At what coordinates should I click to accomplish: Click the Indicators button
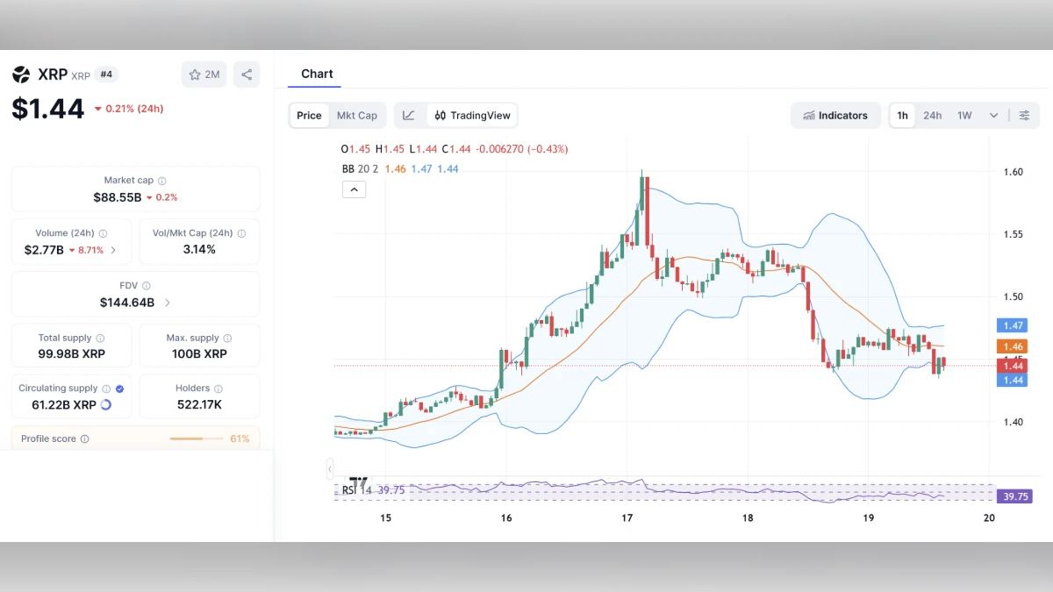pyautogui.click(x=835, y=116)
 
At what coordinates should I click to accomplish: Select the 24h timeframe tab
pyautogui.click(x=932, y=116)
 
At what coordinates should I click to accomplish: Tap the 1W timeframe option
pyautogui.click(x=964, y=116)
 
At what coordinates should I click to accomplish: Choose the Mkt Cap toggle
pyautogui.click(x=357, y=116)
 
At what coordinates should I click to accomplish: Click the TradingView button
pyautogui.click(x=472, y=116)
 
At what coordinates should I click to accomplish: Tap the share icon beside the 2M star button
pyautogui.click(x=247, y=75)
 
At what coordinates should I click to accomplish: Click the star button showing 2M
pyautogui.click(x=204, y=75)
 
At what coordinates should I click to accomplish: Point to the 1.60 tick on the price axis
pyautogui.click(x=1013, y=172)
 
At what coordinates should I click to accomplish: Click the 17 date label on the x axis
pyautogui.click(x=627, y=518)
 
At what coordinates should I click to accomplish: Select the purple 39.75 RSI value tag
pyautogui.click(x=1015, y=496)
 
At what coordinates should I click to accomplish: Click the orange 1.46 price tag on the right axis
pyautogui.click(x=1013, y=347)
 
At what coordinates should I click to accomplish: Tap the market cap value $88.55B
pyautogui.click(x=118, y=197)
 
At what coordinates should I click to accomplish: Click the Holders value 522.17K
pyautogui.click(x=199, y=404)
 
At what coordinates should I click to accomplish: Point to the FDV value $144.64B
pyautogui.click(x=127, y=303)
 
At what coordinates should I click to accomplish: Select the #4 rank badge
pyautogui.click(x=106, y=75)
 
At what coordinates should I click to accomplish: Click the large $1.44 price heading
pyautogui.click(x=48, y=109)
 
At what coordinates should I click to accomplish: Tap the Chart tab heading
pyautogui.click(x=317, y=74)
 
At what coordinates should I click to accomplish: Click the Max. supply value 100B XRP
pyautogui.click(x=199, y=354)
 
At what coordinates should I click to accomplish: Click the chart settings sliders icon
pyautogui.click(x=1024, y=116)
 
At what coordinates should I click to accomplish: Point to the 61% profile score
pyautogui.click(x=240, y=439)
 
